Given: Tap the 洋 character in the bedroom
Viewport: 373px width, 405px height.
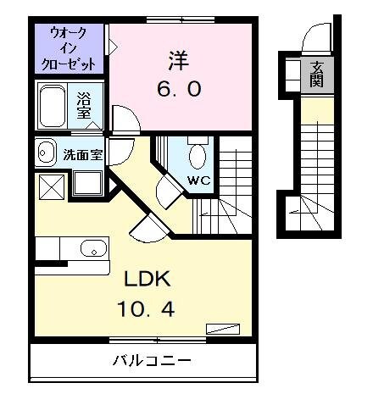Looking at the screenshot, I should point(179,61).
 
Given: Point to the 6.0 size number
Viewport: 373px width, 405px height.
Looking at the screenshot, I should point(179,89).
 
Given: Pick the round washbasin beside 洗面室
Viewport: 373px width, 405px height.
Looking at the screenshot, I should point(46,153).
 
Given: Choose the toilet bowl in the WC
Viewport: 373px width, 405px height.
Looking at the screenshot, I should point(198,156).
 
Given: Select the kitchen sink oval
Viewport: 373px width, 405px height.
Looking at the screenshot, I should point(93,249).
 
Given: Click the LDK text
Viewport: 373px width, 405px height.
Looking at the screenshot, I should point(150,280).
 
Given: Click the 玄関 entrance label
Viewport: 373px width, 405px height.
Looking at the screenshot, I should point(317,75).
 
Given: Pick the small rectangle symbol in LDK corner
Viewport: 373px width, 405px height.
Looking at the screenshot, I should point(225,329).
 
